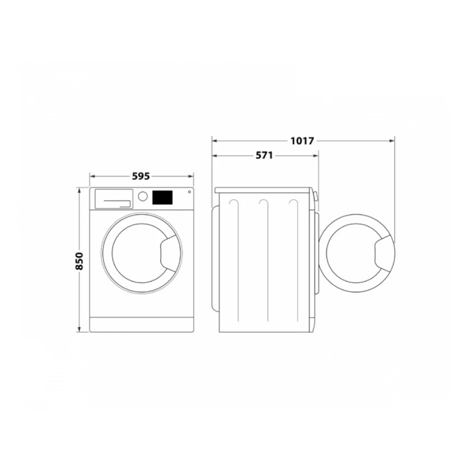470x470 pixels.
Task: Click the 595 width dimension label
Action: (x=140, y=176)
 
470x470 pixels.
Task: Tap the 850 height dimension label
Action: (x=79, y=262)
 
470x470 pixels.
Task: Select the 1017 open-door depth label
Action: (x=302, y=140)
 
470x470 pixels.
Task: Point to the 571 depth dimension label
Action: (x=264, y=155)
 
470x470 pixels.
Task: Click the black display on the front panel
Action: (x=162, y=197)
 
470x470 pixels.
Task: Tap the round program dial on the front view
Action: (x=142, y=196)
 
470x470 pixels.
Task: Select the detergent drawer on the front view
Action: (x=114, y=198)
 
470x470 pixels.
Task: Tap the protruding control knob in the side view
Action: (x=316, y=196)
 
